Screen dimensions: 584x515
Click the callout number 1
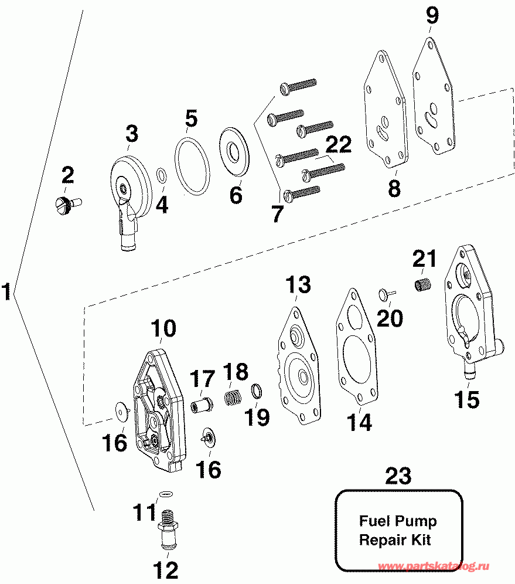(x=7, y=291)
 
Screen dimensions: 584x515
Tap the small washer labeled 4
(x=161, y=174)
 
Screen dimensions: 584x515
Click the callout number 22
(x=339, y=145)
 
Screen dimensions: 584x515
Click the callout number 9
(x=432, y=15)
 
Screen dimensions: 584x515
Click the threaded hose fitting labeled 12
(x=168, y=528)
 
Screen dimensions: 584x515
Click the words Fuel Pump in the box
(x=397, y=521)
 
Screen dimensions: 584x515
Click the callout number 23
(x=398, y=476)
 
